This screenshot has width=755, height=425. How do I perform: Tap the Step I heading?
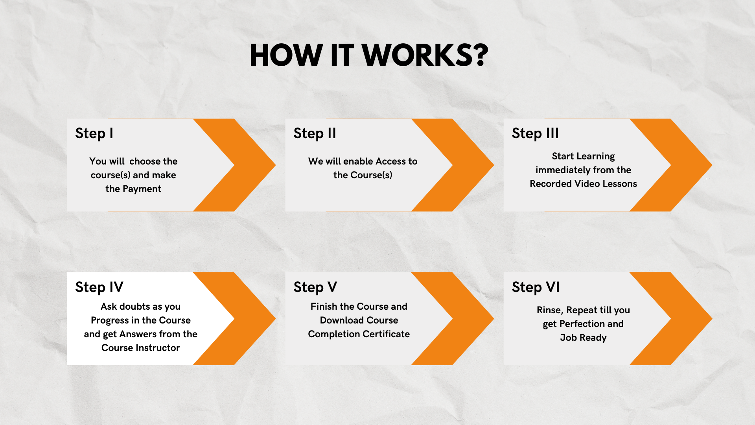pyautogui.click(x=94, y=133)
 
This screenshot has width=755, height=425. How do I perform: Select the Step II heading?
pyautogui.click(x=315, y=133)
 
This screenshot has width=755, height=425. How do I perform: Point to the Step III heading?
pyautogui.click(x=535, y=133)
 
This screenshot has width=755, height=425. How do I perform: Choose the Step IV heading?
pyautogui.click(x=99, y=287)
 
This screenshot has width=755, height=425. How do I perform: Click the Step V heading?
pyautogui.click(x=315, y=287)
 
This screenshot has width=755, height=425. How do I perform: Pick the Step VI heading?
pyautogui.click(x=535, y=287)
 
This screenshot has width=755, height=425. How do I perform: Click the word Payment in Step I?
pyautogui.click(x=142, y=189)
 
